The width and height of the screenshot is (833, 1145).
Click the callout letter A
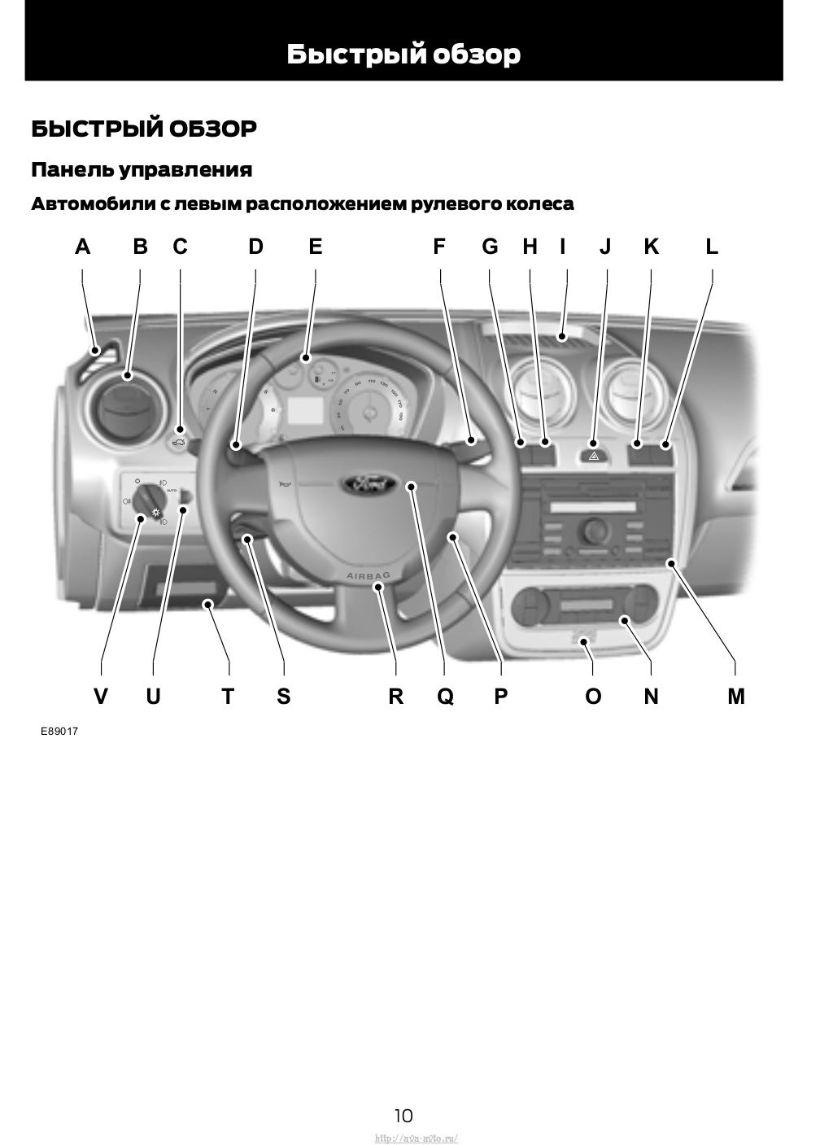82,247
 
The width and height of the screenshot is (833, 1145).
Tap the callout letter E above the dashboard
316,247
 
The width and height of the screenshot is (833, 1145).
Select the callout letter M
735,697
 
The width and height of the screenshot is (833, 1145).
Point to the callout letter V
101,697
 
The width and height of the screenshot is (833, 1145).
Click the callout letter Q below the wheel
445,697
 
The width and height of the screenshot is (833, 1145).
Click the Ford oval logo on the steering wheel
369,484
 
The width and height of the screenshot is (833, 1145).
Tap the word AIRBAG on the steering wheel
369,576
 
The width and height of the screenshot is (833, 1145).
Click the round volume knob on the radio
593,530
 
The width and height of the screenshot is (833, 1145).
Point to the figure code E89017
60,731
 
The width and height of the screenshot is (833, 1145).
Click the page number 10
403,1115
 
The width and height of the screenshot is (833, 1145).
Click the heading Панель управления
142,170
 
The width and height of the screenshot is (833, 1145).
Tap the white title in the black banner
403,55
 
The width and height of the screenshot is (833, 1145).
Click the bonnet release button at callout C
180,443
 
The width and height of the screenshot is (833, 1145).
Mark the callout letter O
593,697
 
